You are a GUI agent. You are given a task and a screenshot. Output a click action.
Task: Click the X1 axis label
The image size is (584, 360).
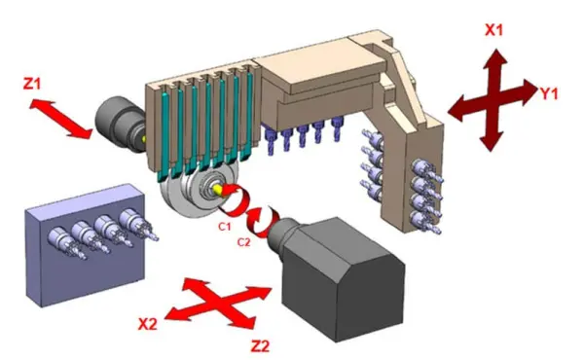pos(493,30)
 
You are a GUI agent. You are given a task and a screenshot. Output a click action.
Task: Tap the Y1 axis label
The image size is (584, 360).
pos(549,93)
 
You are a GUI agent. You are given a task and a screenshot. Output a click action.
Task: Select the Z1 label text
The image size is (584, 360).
pos(32,84)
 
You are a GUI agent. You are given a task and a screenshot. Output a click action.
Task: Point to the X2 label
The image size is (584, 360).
pos(148,324)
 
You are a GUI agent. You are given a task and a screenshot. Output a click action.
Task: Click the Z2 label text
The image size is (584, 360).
pos(260,346)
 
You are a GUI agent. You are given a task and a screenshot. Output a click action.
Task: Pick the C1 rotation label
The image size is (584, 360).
pos(225,227)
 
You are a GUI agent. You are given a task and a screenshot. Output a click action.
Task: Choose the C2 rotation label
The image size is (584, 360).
pos(243,242)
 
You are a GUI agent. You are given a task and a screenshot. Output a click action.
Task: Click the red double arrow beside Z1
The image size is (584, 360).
pos(60,119)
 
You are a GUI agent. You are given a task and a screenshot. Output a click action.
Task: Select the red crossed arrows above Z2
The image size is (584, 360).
pos(219,304)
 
